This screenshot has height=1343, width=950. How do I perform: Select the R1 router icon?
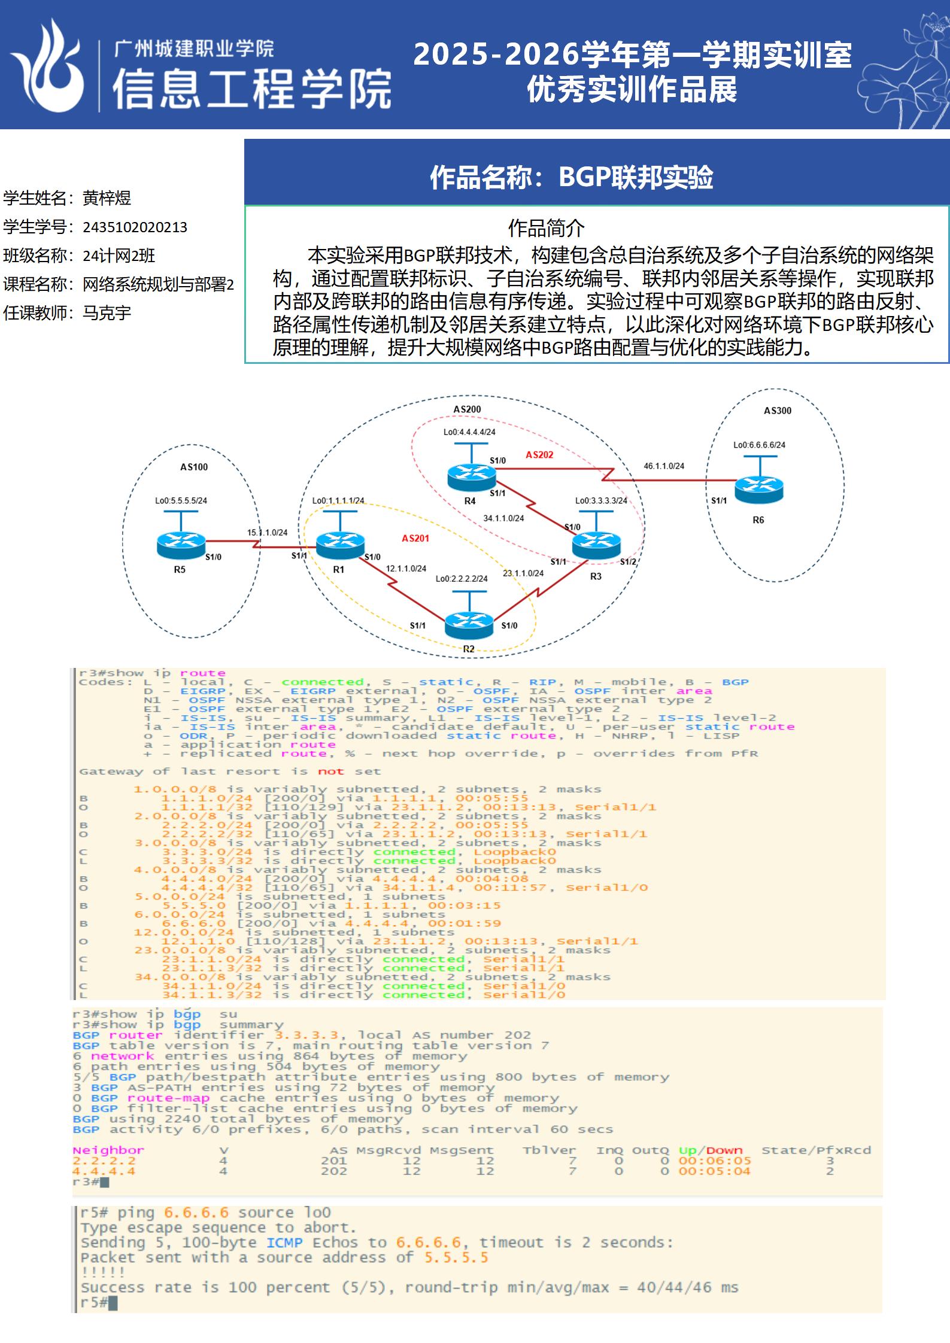(339, 542)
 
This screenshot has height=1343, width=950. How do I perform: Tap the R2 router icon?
(469, 624)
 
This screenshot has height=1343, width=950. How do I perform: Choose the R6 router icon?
(758, 489)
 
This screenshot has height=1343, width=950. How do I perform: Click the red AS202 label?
(539, 455)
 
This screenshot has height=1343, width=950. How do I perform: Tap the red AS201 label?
(415, 538)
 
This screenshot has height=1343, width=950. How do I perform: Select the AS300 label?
(777, 411)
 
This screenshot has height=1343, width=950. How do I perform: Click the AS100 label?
(194, 467)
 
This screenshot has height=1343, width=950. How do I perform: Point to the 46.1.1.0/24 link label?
(664, 466)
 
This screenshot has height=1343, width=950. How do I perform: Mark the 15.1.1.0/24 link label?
(267, 532)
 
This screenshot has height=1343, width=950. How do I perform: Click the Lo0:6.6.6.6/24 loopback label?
(759, 445)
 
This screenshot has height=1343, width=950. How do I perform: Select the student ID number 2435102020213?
(135, 227)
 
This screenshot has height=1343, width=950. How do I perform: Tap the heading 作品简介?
(546, 228)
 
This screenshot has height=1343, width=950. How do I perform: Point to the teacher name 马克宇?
(107, 313)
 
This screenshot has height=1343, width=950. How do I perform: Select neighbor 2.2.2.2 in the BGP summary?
(104, 1160)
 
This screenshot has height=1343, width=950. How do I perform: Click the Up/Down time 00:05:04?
(714, 1171)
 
